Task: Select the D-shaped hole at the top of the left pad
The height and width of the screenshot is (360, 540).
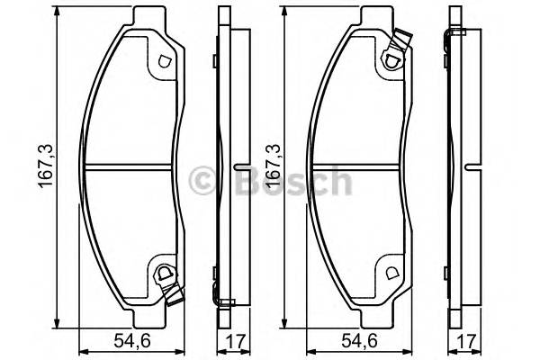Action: (163, 62)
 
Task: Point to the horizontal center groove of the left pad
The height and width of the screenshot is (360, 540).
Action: (130, 167)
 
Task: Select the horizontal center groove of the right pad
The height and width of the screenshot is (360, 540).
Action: (357, 167)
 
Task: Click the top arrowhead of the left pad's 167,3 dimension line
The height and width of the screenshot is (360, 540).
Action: (58, 11)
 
